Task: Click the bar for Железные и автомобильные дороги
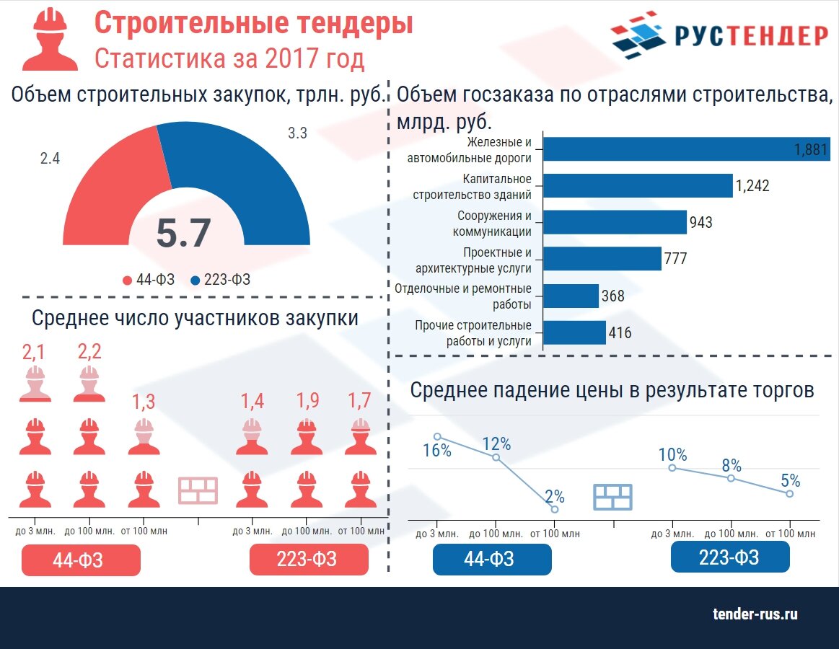point(685,149)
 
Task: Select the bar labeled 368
point(571,296)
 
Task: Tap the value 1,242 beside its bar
point(752,186)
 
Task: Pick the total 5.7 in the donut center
point(183,234)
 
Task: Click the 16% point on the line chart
point(437,436)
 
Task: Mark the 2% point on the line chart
point(554,509)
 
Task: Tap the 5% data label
point(790,480)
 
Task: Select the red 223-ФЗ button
point(309,560)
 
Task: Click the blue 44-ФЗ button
point(492,559)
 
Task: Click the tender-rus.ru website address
point(755,614)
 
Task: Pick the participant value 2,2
point(89,352)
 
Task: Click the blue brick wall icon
point(612,497)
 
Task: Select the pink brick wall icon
point(198,491)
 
